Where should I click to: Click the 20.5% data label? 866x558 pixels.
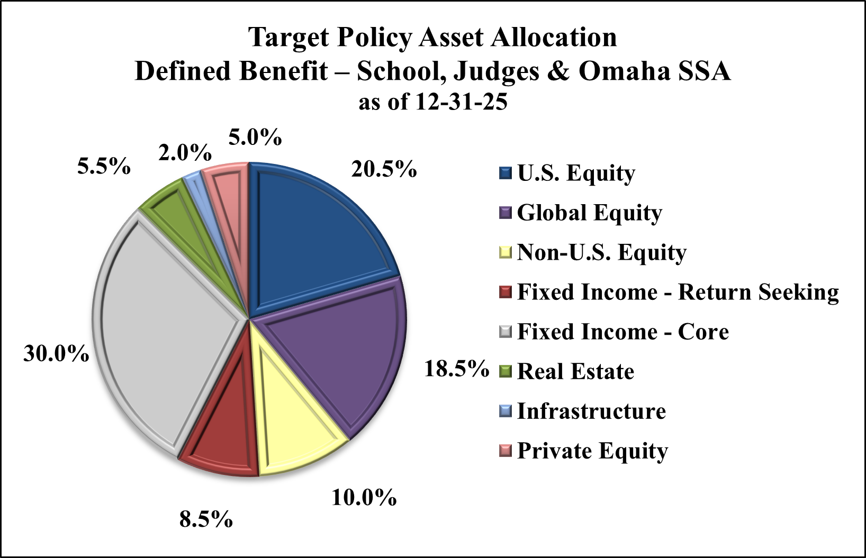pyautogui.click(x=384, y=170)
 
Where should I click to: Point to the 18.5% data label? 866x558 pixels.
pyautogui.click(x=456, y=369)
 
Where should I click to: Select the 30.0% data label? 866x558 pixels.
pyautogui.click(x=56, y=353)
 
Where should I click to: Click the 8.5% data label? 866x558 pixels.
pyautogui.click(x=206, y=519)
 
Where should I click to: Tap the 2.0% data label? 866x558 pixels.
pyautogui.click(x=185, y=153)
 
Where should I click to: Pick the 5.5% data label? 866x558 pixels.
pyautogui.click(x=104, y=167)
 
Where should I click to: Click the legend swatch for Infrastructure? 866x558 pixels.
pyautogui.click(x=506, y=411)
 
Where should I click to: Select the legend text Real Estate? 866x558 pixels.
pyautogui.click(x=575, y=371)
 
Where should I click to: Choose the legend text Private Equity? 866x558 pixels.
pyautogui.click(x=592, y=451)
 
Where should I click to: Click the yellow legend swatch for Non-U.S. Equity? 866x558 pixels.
pyautogui.click(x=506, y=252)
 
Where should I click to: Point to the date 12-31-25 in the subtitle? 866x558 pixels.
pyautogui.click(x=461, y=102)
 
